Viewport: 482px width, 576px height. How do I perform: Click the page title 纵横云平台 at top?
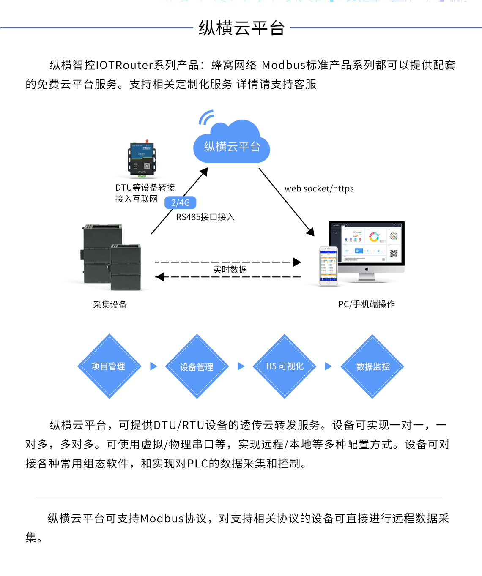(241, 28)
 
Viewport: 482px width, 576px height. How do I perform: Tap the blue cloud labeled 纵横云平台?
(232, 144)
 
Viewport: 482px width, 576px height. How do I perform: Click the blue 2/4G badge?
(181, 203)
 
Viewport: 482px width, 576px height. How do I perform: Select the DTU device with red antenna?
(142, 158)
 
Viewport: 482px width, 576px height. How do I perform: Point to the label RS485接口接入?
(205, 217)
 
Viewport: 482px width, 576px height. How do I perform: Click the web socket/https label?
(319, 188)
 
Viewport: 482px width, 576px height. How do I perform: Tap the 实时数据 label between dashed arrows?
(230, 270)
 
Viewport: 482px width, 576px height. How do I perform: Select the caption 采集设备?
(110, 305)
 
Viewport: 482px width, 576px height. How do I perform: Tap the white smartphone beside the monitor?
(329, 266)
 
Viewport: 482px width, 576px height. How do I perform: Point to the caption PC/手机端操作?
(367, 304)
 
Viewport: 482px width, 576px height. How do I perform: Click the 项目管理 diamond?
(109, 366)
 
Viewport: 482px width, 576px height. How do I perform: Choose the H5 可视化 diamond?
(285, 366)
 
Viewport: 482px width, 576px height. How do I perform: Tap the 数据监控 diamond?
(372, 366)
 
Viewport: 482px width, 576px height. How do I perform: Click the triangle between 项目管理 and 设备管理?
(153, 366)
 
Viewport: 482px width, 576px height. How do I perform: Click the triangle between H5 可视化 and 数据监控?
(328, 366)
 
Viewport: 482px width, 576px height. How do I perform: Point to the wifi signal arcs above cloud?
(206, 117)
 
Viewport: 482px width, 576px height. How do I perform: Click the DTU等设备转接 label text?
(145, 188)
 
